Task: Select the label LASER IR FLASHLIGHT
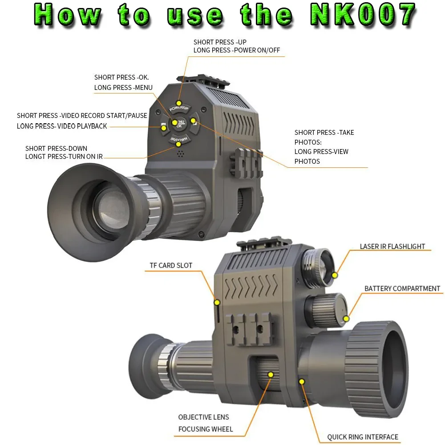392,247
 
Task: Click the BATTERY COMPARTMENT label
402,288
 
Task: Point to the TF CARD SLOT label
171,266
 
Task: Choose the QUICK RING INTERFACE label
363,437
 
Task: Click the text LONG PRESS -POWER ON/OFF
236,50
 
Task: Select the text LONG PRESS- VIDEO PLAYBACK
62,126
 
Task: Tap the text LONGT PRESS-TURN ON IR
64,157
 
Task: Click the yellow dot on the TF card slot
217,303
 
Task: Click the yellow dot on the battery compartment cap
347,318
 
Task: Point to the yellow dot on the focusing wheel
270,375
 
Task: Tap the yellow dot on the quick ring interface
302,381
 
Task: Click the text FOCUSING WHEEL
205,429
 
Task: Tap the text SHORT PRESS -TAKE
324,133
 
